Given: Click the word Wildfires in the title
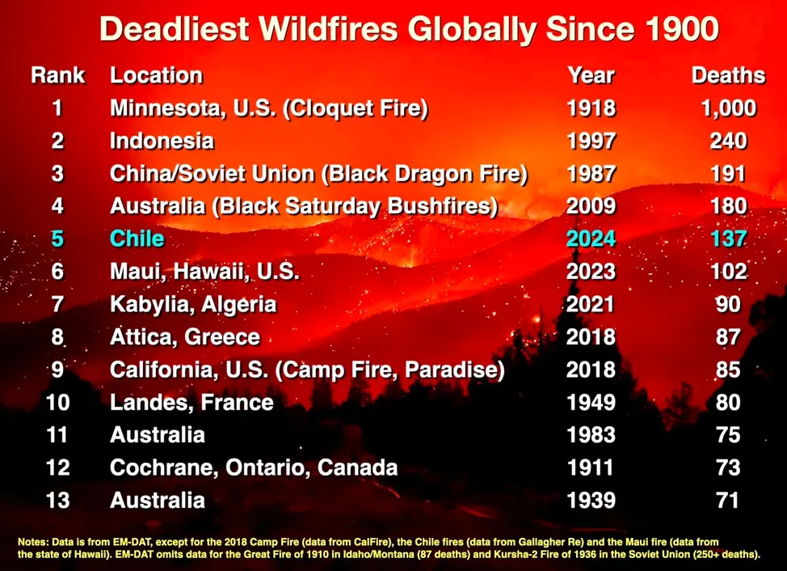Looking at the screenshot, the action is [x=328, y=28].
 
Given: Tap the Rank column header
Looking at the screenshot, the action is [x=57, y=75].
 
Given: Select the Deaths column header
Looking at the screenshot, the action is [x=728, y=75].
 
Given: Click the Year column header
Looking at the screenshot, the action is [x=591, y=75].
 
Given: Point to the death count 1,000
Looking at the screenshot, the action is [x=728, y=108].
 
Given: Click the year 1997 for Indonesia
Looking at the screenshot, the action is [x=591, y=141].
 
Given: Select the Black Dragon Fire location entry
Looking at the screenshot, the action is [x=318, y=174].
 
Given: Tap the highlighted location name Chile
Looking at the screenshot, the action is [x=137, y=239].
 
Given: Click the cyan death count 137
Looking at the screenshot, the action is [x=728, y=239].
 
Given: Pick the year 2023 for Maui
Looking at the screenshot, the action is [x=591, y=272].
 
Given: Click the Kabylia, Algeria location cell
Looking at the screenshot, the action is [x=193, y=305].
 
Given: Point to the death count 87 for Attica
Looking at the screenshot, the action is [x=728, y=337].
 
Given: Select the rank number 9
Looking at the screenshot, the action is [x=57, y=370].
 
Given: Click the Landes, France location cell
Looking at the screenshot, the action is [x=191, y=402].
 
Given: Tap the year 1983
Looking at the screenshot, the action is [x=591, y=435].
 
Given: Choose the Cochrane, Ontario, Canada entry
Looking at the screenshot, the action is [x=254, y=467].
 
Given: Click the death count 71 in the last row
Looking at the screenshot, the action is [x=728, y=500].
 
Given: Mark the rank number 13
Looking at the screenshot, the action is [x=57, y=500].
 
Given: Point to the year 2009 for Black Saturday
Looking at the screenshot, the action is [x=591, y=206].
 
